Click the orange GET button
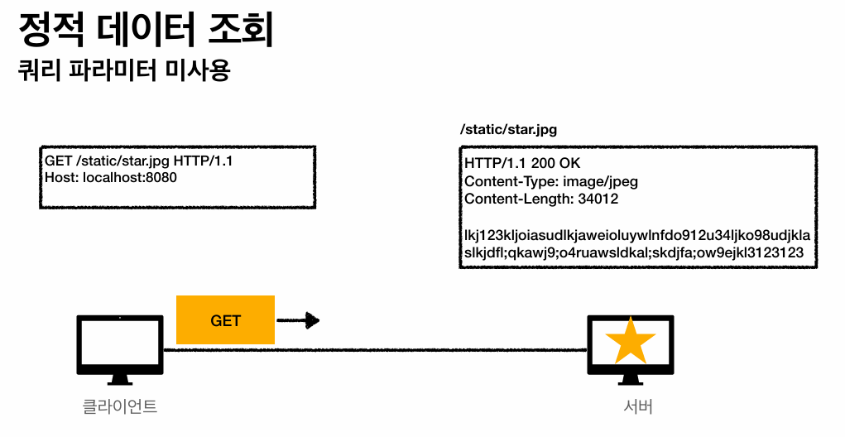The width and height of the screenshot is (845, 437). pyautogui.click(x=225, y=320)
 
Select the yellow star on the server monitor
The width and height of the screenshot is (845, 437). pyautogui.click(x=630, y=339)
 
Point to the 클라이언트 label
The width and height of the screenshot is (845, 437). pyautogui.click(x=119, y=406)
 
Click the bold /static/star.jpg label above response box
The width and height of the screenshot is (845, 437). pyautogui.click(x=508, y=130)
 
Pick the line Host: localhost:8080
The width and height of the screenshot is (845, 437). pyautogui.click(x=111, y=177)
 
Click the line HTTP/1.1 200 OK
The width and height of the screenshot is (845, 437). pyautogui.click(x=522, y=163)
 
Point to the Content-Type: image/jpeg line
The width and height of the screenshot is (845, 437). pyautogui.click(x=551, y=181)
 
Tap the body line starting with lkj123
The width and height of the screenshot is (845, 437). pyautogui.click(x=636, y=235)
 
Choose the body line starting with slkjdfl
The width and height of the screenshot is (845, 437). pyautogui.click(x=633, y=252)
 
